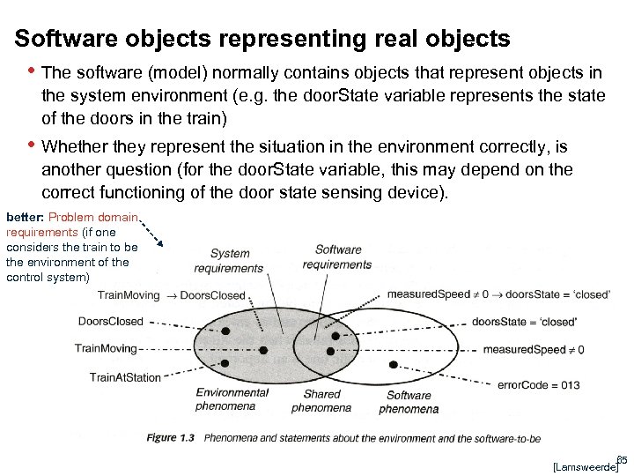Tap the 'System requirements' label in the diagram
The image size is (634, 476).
(229, 261)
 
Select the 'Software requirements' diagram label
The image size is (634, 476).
(336, 257)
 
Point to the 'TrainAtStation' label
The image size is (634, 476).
(125, 377)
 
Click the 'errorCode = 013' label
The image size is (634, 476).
(538, 384)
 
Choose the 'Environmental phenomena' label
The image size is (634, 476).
(232, 398)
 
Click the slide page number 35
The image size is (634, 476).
(621, 458)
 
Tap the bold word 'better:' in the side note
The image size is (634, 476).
(25, 217)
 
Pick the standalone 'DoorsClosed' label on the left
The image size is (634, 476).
(110, 322)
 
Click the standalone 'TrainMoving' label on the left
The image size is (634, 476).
(106, 349)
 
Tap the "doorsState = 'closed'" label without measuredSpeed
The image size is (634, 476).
(524, 322)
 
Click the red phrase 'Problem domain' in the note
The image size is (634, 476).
(93, 217)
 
